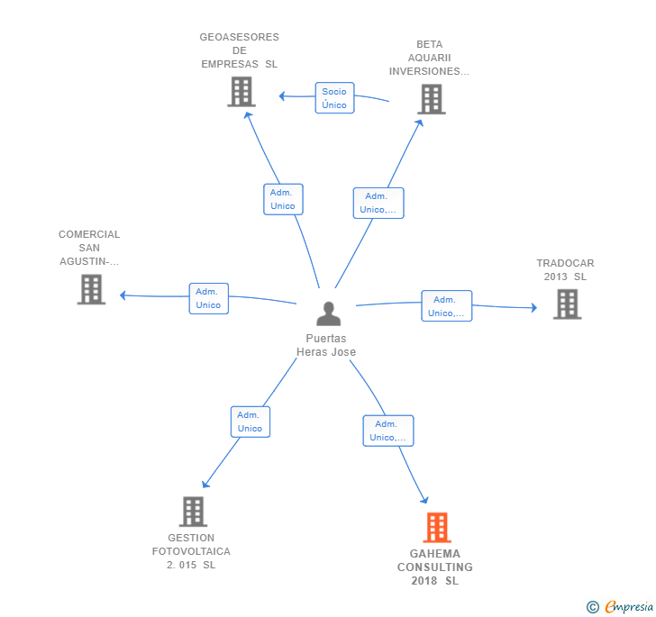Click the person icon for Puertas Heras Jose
click(x=329, y=313)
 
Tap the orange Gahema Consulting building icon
click(x=436, y=528)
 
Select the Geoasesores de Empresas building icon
click(x=241, y=92)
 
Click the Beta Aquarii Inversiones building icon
click(x=431, y=99)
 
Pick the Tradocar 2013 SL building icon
click(x=566, y=304)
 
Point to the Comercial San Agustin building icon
click(x=91, y=289)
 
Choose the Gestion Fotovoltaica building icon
click(x=193, y=512)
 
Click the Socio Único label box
click(x=334, y=98)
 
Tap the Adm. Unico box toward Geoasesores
click(x=283, y=199)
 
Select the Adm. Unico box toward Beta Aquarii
click(x=378, y=203)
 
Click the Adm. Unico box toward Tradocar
click(x=446, y=306)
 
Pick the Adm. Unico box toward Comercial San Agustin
click(x=208, y=298)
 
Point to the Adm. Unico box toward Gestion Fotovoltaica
click(x=250, y=422)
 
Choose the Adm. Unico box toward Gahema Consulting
click(x=387, y=431)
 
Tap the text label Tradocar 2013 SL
click(x=565, y=270)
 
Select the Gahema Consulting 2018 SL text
click(x=435, y=567)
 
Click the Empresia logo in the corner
click(x=629, y=606)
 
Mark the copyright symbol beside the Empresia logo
click(x=593, y=607)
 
